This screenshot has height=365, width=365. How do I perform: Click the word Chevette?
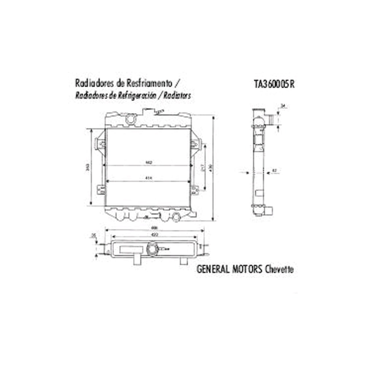click(279, 269)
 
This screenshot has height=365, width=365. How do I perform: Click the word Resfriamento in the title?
click(150, 82)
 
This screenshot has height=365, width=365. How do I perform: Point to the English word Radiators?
click(177, 95)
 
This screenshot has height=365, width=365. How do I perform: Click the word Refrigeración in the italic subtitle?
click(136, 95)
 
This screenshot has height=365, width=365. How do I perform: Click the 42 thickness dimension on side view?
click(274, 170)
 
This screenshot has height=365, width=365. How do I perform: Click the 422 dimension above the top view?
click(154, 235)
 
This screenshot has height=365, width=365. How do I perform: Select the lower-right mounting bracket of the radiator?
click(195, 189)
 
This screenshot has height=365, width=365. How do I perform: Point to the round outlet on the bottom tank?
click(177, 217)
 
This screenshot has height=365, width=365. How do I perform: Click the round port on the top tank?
click(130, 119)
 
